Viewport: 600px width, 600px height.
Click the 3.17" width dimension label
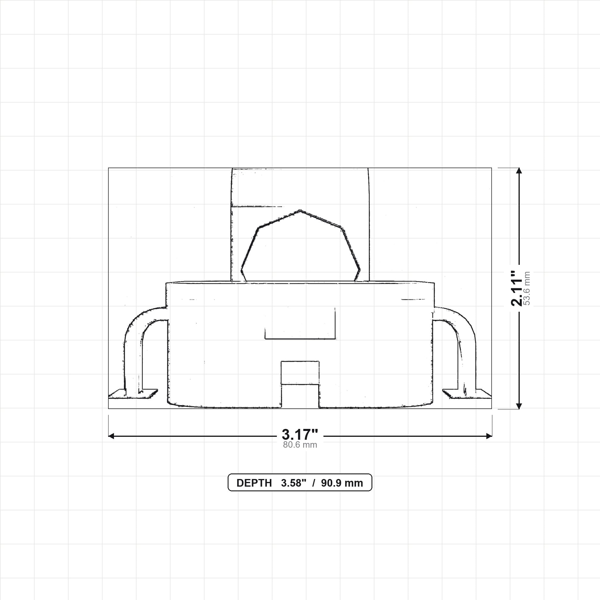point(300,434)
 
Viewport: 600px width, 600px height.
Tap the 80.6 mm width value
point(300,445)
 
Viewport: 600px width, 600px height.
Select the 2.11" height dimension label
point(517,288)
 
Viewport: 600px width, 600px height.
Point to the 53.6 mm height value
point(527,288)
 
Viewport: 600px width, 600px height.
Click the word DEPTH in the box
point(254,483)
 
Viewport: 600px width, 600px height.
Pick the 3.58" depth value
point(294,483)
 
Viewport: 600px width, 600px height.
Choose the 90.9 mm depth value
point(342,483)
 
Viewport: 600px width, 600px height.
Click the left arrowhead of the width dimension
point(111,436)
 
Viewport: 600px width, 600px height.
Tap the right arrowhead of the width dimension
point(489,436)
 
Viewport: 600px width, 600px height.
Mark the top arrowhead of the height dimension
point(519,171)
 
